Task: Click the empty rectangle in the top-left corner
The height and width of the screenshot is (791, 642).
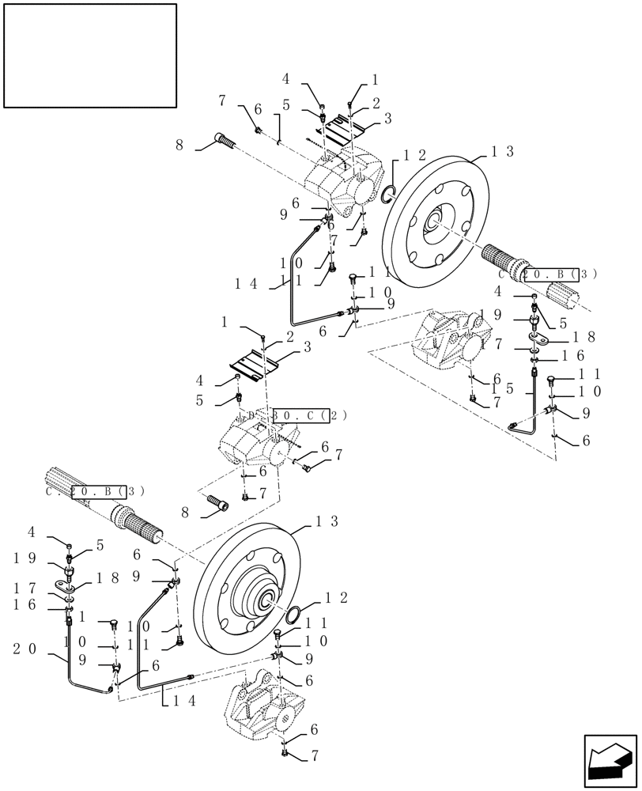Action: tap(90, 55)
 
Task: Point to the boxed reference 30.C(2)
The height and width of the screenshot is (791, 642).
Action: tap(297, 414)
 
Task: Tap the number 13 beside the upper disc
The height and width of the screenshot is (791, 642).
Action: tap(503, 152)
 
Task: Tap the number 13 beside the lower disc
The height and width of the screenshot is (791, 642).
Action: tap(327, 521)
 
